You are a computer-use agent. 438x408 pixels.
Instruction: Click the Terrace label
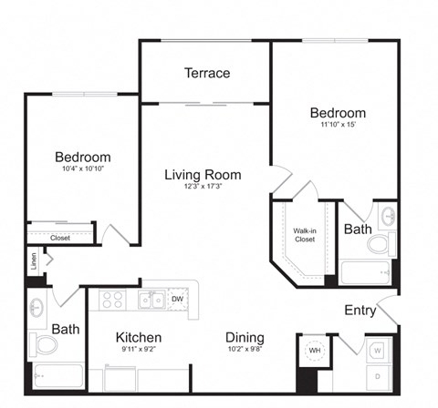[x=206, y=73]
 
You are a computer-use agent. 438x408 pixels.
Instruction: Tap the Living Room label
[x=203, y=175]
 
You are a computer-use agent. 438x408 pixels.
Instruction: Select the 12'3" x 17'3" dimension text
[x=203, y=189]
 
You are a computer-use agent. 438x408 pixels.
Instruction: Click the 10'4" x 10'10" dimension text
[x=82, y=169]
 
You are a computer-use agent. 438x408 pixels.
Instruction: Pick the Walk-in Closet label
[x=304, y=236]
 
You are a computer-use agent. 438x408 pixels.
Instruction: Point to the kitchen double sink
[x=151, y=299]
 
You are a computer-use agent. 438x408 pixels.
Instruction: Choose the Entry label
[x=360, y=311]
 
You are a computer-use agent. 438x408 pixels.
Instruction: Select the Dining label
[x=245, y=337]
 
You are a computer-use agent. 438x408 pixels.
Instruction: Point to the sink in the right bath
[x=387, y=217]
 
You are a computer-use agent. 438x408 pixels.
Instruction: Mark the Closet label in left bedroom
[x=60, y=238]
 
